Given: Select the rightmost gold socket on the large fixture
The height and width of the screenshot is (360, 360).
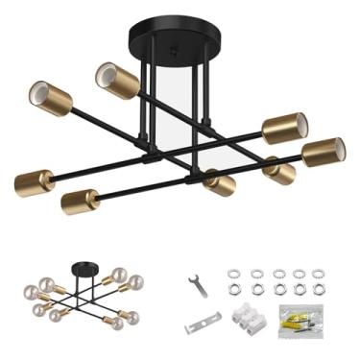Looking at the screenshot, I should [324, 151].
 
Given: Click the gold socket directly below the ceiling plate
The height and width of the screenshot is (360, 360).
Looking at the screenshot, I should [219, 181].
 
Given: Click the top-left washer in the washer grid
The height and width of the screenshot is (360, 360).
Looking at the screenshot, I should [233, 274].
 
